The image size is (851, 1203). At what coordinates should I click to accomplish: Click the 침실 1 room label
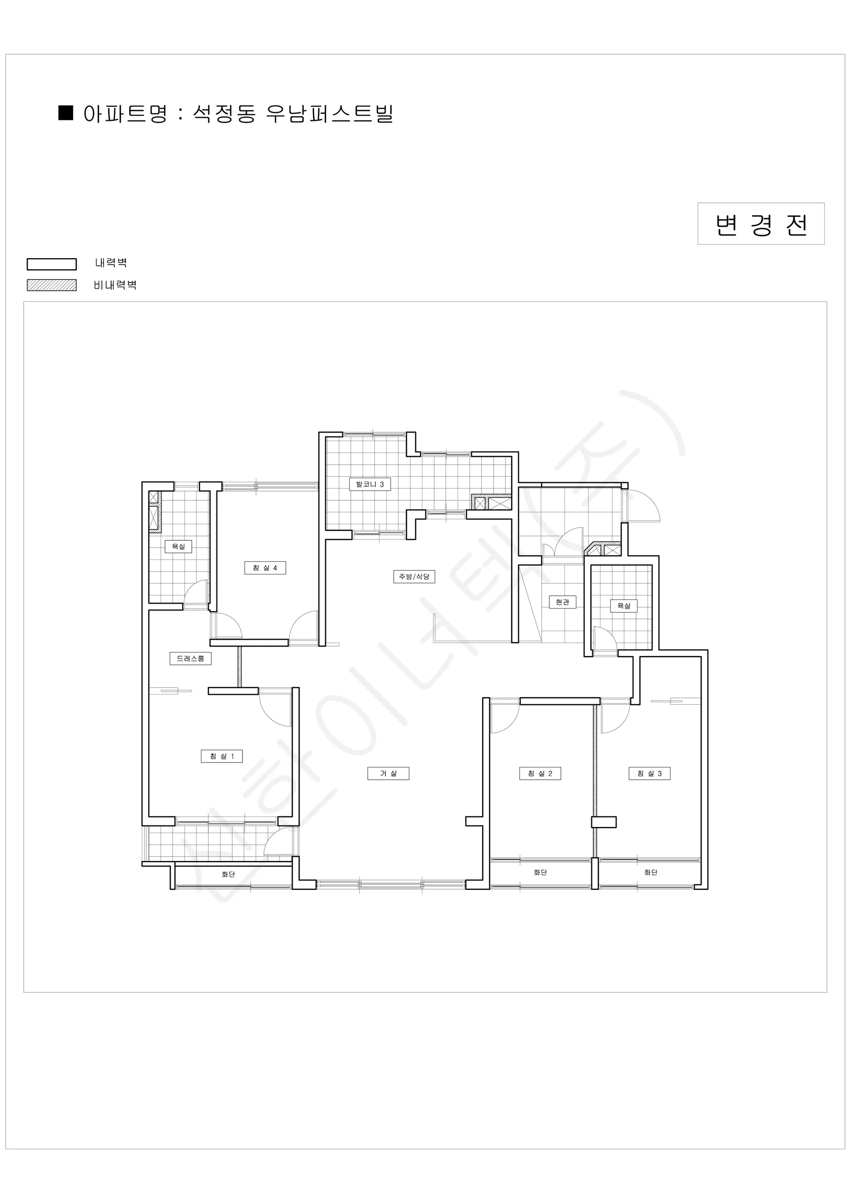point(222,756)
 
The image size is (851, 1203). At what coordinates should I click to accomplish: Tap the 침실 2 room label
point(540,773)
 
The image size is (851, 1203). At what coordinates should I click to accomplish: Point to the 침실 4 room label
point(265,568)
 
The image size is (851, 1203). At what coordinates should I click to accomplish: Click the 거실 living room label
point(388,773)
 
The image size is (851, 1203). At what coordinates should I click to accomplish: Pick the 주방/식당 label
point(414,577)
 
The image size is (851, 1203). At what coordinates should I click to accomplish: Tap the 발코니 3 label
point(369,484)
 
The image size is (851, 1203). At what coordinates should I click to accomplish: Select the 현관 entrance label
point(562,603)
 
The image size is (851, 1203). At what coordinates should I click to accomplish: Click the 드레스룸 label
point(190,659)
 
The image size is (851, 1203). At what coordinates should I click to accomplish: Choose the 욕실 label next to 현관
point(623,606)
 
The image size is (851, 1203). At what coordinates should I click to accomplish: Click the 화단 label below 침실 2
point(540,872)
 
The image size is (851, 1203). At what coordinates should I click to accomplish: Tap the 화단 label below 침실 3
point(651,872)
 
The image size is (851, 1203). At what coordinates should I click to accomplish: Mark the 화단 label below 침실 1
point(228,875)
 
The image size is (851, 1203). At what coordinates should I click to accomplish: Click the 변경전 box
point(761,224)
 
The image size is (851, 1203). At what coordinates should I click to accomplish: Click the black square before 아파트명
point(66,113)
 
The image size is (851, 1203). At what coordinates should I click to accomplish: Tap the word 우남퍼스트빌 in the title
point(329,114)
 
